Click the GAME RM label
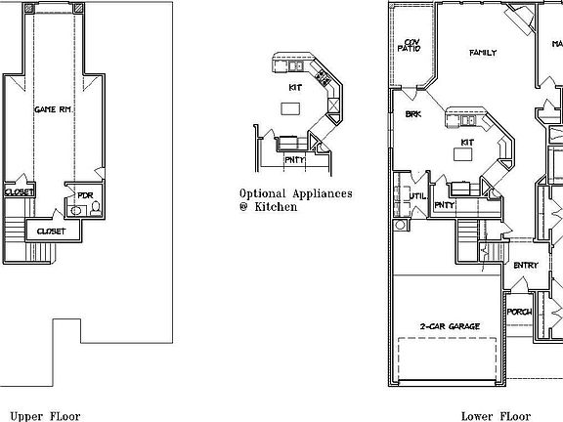click(x=50, y=109)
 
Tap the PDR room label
click(x=84, y=195)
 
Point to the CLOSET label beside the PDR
click(x=51, y=232)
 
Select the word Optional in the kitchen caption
click(x=262, y=192)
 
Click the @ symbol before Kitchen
click(x=243, y=207)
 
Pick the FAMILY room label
click(x=483, y=53)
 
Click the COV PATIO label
click(x=411, y=46)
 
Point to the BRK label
click(x=412, y=114)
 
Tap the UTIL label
click(x=418, y=195)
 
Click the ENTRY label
click(x=525, y=265)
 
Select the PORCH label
click(x=518, y=312)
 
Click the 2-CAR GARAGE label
click(x=449, y=324)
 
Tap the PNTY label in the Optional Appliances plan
click(x=294, y=158)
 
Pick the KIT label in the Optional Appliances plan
click(x=294, y=87)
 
